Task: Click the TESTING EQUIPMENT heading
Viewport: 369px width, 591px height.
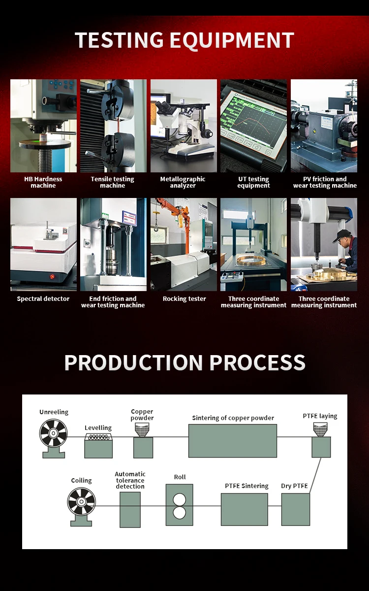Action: (184, 40)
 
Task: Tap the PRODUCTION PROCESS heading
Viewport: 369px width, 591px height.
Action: (184, 362)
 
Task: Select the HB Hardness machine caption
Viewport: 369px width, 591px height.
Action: (43, 182)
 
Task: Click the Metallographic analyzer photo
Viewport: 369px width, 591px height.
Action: (184, 126)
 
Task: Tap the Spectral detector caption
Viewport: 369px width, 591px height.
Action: (43, 299)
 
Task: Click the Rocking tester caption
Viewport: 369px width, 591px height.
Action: (184, 299)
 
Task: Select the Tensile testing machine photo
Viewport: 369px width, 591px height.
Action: (113, 126)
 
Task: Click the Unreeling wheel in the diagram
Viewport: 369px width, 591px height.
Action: (53, 433)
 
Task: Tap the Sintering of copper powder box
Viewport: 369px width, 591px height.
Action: (233, 440)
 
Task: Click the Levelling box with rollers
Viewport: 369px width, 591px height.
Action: (98, 446)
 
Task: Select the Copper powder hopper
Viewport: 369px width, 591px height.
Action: (143, 430)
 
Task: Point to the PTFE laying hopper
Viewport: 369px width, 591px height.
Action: (321, 430)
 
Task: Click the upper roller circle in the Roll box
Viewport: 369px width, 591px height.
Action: (180, 498)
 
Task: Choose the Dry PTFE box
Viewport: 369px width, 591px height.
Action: (296, 509)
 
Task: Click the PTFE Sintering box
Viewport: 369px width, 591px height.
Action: (244, 509)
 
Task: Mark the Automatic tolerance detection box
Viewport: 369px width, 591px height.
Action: (130, 509)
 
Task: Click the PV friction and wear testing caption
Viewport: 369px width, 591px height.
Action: (325, 182)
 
